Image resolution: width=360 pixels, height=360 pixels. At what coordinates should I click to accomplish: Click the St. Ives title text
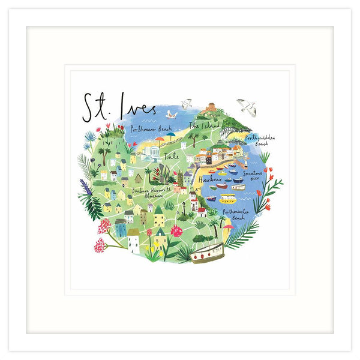[118, 108]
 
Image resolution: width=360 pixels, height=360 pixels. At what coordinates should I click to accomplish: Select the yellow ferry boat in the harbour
[227, 198]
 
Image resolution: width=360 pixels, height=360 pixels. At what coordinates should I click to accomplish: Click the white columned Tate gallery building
[151, 155]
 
